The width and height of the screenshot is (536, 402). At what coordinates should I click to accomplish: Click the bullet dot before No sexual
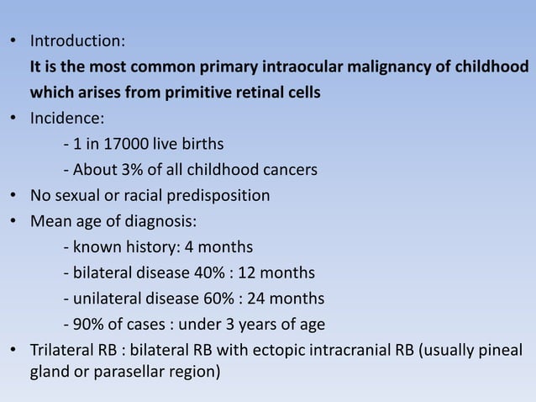point(14,196)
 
